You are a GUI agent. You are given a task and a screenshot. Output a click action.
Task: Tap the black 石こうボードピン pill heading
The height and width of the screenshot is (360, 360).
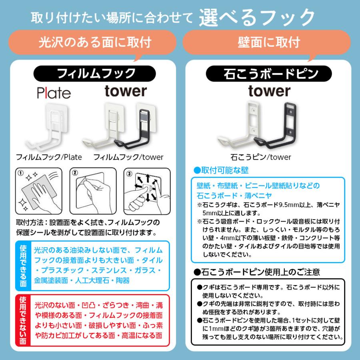point(268,74)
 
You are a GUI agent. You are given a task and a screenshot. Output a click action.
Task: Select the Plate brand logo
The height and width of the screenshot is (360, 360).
point(54,93)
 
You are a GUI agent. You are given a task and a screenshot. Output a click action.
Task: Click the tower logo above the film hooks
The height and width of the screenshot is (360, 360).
point(126,91)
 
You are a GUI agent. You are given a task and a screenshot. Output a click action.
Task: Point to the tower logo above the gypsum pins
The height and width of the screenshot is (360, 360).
point(269,91)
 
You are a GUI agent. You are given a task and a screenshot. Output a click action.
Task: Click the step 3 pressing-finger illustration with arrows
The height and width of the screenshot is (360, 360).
point(147,191)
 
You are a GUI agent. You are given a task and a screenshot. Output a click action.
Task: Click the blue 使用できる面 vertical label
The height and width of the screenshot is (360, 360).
point(24,266)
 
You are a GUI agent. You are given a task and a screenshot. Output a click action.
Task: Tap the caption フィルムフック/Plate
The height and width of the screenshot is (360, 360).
point(48,157)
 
